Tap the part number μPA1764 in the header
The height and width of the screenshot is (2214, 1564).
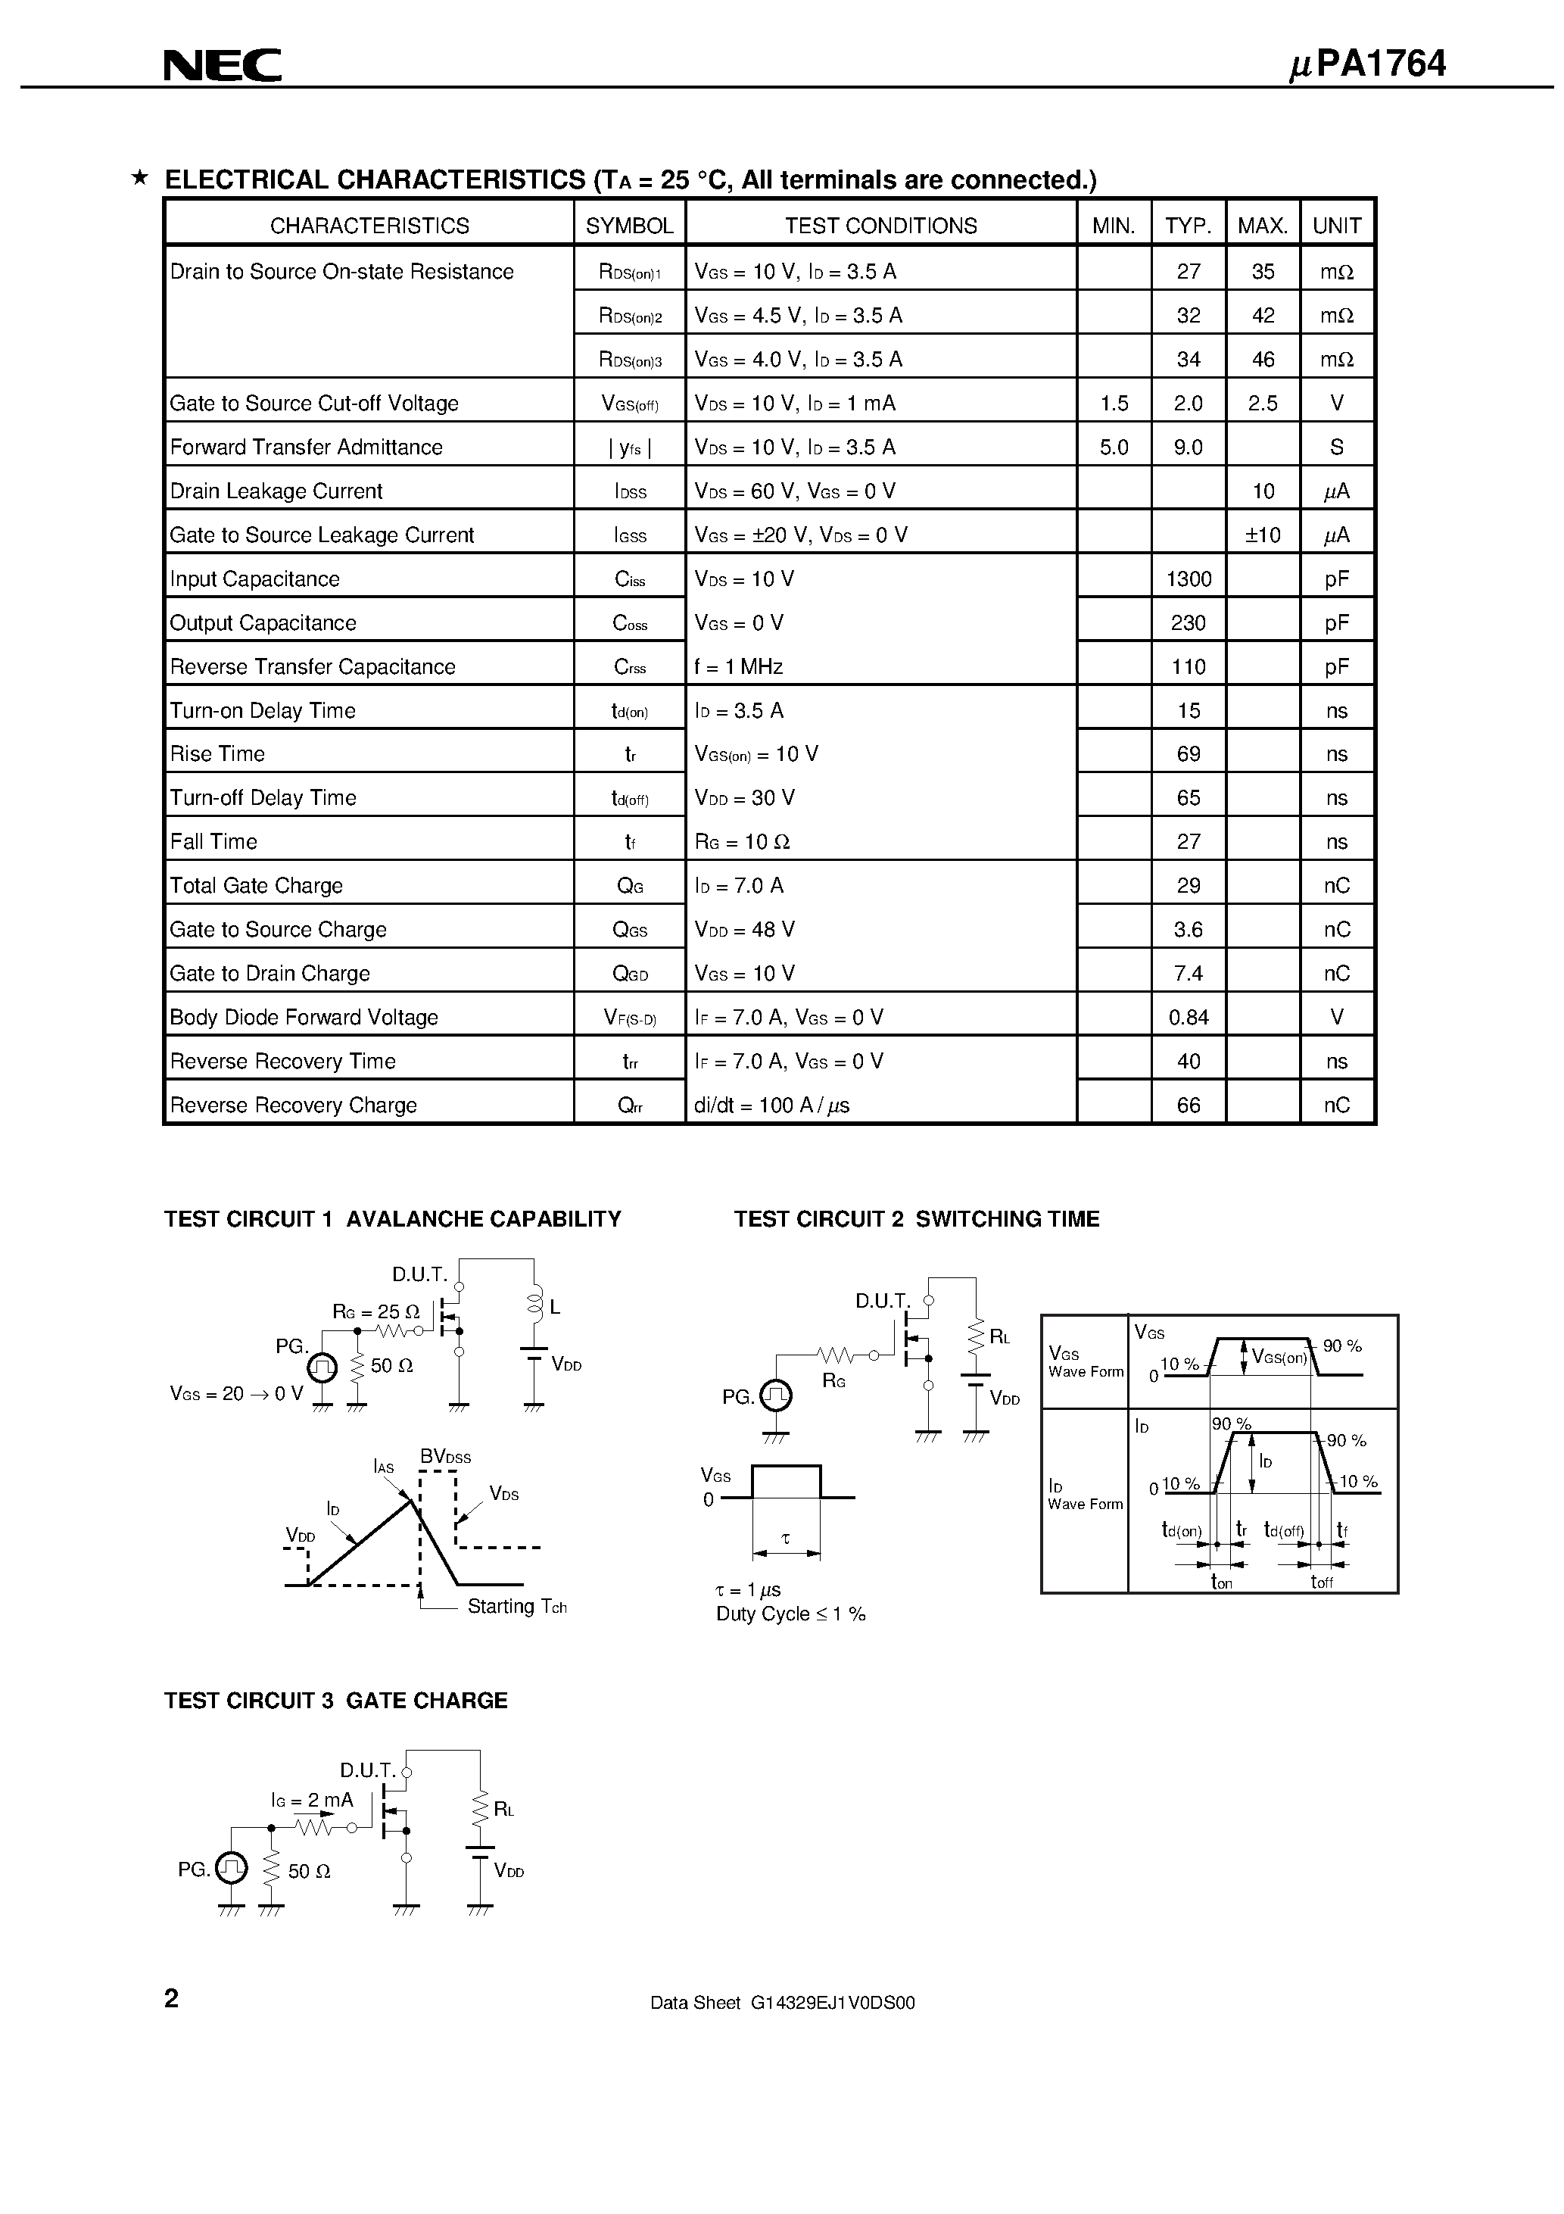tap(1367, 64)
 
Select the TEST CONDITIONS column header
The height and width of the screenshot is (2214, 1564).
tap(880, 226)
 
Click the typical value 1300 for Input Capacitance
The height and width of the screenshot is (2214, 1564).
tap(1188, 578)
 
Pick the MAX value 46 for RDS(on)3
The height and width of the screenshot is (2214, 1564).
tap(1262, 360)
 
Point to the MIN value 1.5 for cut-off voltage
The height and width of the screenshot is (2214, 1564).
tap(1114, 403)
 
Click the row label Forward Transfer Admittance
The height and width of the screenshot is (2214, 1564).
tap(306, 447)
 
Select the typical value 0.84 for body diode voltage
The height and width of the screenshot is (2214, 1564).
tap(1188, 1018)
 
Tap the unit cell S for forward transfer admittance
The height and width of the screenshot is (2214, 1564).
tap(1336, 447)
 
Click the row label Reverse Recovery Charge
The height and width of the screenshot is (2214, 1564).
tap(293, 1105)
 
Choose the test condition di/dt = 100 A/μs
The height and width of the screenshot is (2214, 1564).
tap(771, 1105)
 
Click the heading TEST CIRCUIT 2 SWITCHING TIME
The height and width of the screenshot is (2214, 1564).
tap(916, 1219)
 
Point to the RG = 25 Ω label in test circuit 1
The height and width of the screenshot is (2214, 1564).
tap(376, 1311)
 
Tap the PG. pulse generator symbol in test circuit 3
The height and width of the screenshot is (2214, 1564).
tap(232, 1869)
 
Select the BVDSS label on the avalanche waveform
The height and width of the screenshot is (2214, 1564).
tap(444, 1456)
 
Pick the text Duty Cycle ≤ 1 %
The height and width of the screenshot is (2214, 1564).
tap(790, 1614)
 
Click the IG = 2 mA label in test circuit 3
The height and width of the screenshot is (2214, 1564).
tap(311, 1801)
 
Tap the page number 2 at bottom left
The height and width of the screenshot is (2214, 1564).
tap(172, 1998)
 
